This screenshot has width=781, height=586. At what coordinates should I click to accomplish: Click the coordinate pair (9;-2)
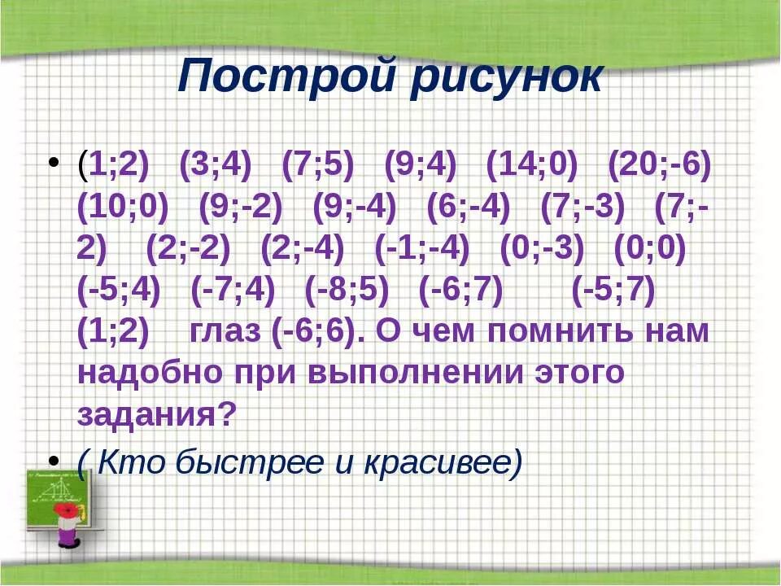point(241,208)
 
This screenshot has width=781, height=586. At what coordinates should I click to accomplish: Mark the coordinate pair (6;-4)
point(468,208)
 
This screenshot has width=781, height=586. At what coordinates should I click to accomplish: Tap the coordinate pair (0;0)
point(651,249)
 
